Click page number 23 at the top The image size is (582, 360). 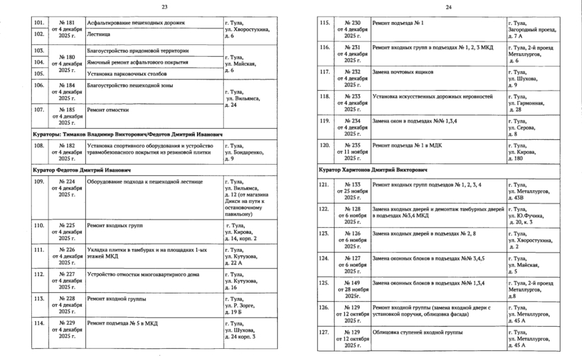tap(164, 7)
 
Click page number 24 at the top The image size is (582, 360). tap(448, 7)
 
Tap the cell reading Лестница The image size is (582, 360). tap(97, 33)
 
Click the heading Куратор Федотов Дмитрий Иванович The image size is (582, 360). tap(82, 169)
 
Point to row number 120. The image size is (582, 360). tap(323, 146)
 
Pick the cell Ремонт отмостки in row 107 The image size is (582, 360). tap(104, 109)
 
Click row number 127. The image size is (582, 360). tap(323, 333)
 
